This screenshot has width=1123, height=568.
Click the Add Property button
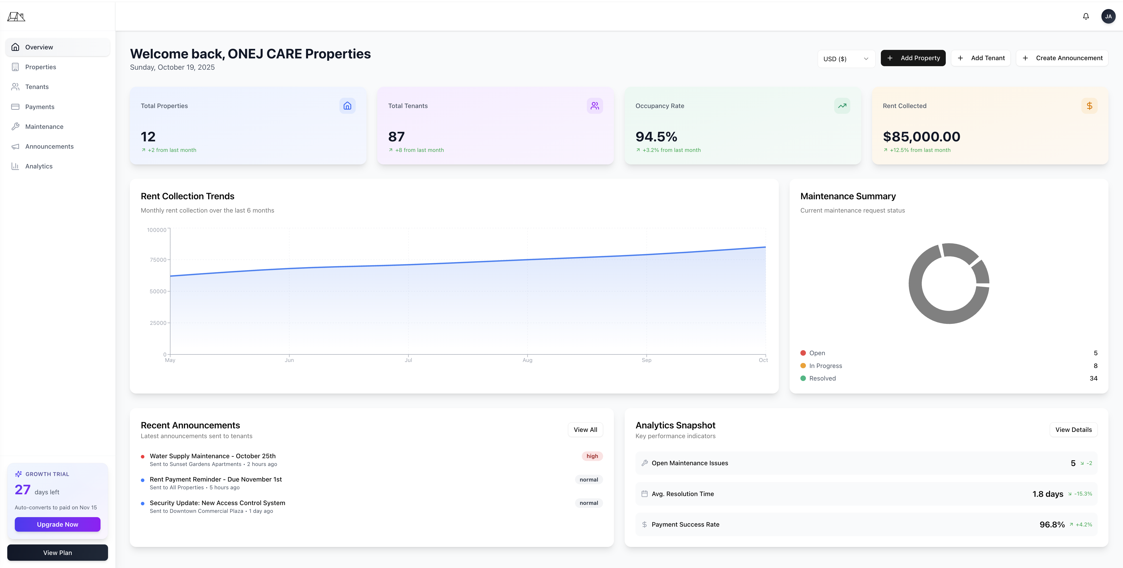(x=913, y=58)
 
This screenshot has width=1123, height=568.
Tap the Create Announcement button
(x=1062, y=58)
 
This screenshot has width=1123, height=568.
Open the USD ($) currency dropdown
(x=846, y=59)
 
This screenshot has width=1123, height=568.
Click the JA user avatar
(x=1108, y=17)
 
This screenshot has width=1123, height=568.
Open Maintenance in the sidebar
(x=44, y=126)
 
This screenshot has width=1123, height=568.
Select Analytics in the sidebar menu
(x=39, y=166)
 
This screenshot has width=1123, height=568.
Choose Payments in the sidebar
(x=40, y=107)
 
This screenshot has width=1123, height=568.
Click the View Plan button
(x=58, y=552)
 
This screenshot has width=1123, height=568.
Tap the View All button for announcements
(x=585, y=429)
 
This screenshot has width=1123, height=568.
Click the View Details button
(x=1073, y=429)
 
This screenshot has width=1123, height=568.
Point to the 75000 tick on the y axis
(x=158, y=260)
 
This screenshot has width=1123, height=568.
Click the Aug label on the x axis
(x=527, y=360)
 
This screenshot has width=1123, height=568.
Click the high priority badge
(x=592, y=456)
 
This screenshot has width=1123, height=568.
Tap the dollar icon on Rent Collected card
(x=1089, y=106)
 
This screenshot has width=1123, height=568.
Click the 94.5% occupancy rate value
(x=656, y=137)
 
